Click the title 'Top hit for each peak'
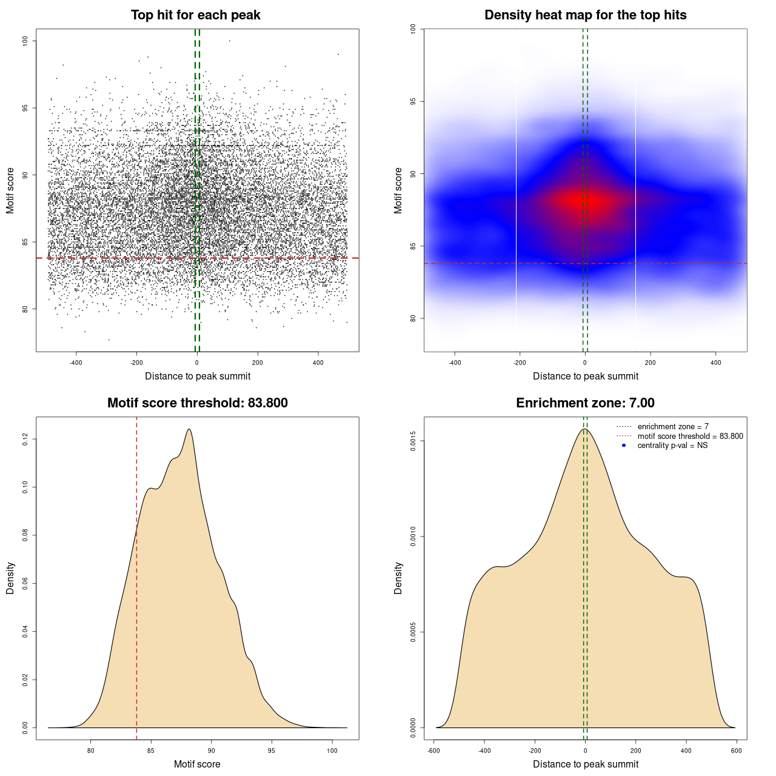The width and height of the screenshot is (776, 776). [x=196, y=15]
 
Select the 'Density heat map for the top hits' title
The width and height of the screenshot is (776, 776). [x=585, y=15]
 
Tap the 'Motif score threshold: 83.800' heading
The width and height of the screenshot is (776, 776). [x=197, y=403]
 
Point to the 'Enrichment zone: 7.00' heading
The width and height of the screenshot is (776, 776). [x=585, y=403]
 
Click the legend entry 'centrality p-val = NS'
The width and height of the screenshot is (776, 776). [x=672, y=446]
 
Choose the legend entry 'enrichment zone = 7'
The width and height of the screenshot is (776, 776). [x=673, y=427]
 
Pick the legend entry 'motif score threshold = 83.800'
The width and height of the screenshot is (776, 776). [x=690, y=436]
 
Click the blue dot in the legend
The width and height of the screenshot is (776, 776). [x=624, y=446]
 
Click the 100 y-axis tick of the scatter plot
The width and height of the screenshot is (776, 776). [x=25, y=41]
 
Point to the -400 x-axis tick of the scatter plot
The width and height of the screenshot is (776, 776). [x=76, y=363]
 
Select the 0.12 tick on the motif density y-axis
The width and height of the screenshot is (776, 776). [x=25, y=439]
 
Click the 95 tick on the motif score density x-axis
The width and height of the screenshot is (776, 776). [x=271, y=751]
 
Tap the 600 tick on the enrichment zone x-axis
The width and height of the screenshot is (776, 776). [x=736, y=751]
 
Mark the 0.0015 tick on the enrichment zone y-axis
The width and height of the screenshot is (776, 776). [x=413, y=441]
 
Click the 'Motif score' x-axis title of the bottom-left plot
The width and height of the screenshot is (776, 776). [x=197, y=764]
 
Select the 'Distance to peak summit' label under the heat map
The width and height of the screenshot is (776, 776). [x=585, y=376]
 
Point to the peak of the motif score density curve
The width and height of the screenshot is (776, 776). [x=189, y=429]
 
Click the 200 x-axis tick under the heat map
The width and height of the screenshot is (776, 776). [x=650, y=363]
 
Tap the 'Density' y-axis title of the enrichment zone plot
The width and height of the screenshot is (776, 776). [x=398, y=578]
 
